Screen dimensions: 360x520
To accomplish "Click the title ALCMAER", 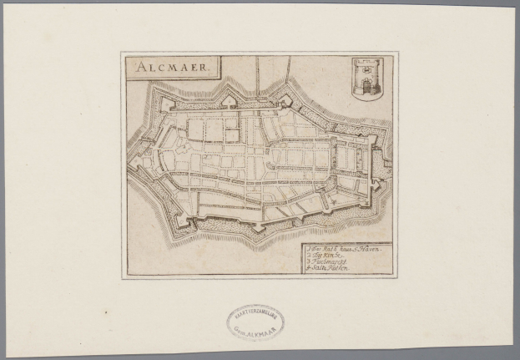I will click(170, 67).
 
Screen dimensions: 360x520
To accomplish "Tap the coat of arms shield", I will click(365, 79).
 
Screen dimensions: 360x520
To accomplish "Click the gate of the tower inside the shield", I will click(365, 85).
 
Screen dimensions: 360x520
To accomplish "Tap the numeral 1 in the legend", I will click(308, 249).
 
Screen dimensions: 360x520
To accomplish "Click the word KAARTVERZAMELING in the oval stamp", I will click(255, 315).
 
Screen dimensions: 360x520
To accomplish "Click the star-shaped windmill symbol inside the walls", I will click(332, 200).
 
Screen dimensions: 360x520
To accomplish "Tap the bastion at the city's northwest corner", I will click(163, 104).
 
